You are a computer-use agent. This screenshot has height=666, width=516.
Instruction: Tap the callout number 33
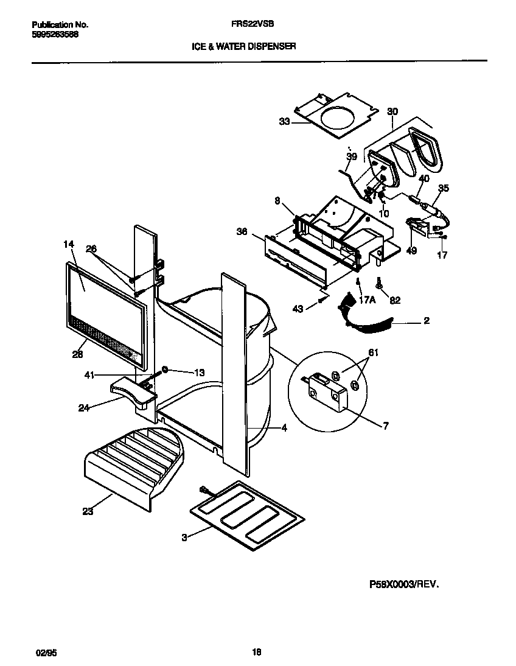(x=284, y=122)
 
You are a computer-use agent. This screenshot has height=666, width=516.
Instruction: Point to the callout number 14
(x=68, y=244)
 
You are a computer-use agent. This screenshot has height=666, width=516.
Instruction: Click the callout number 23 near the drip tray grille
(x=88, y=512)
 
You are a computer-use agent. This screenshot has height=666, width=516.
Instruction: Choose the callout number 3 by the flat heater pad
(x=184, y=536)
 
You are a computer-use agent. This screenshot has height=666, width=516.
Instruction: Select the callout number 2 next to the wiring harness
(x=427, y=321)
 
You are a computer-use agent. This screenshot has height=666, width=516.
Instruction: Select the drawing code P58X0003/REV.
(x=403, y=583)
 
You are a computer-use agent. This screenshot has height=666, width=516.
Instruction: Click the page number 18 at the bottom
(x=256, y=652)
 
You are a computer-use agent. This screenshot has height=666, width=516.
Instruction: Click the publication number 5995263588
(x=55, y=35)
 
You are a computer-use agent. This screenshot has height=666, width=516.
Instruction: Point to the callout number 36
(x=242, y=231)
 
